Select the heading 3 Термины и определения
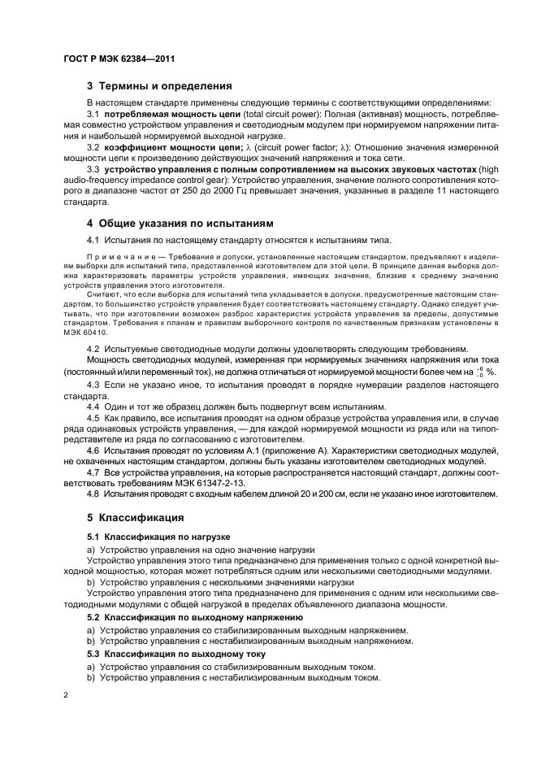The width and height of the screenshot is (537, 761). point(160,85)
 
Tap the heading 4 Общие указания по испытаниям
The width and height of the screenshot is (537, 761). point(180,223)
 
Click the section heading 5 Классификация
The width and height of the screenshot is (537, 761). point(137,517)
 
